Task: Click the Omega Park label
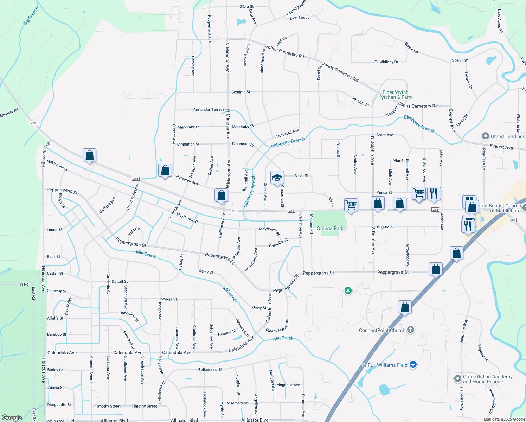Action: pos(330,228)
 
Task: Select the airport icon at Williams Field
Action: pos(413,365)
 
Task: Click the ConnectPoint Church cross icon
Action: pos(411,330)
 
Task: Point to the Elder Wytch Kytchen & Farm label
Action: pos(396,95)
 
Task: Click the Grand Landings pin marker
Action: pos(486,136)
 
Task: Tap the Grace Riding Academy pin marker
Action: pos(457,379)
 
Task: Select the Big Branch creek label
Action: pos(31,16)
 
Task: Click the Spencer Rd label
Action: pos(9,113)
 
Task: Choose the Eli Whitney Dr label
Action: pos(386,62)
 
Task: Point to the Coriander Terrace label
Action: pos(209,110)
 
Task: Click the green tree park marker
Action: pos(348,290)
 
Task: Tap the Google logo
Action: pos(12,417)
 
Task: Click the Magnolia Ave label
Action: pos(288,385)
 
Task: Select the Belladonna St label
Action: pos(210,370)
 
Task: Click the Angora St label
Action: pos(385,227)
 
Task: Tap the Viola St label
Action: pos(302,176)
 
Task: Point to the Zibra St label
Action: pos(246,7)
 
